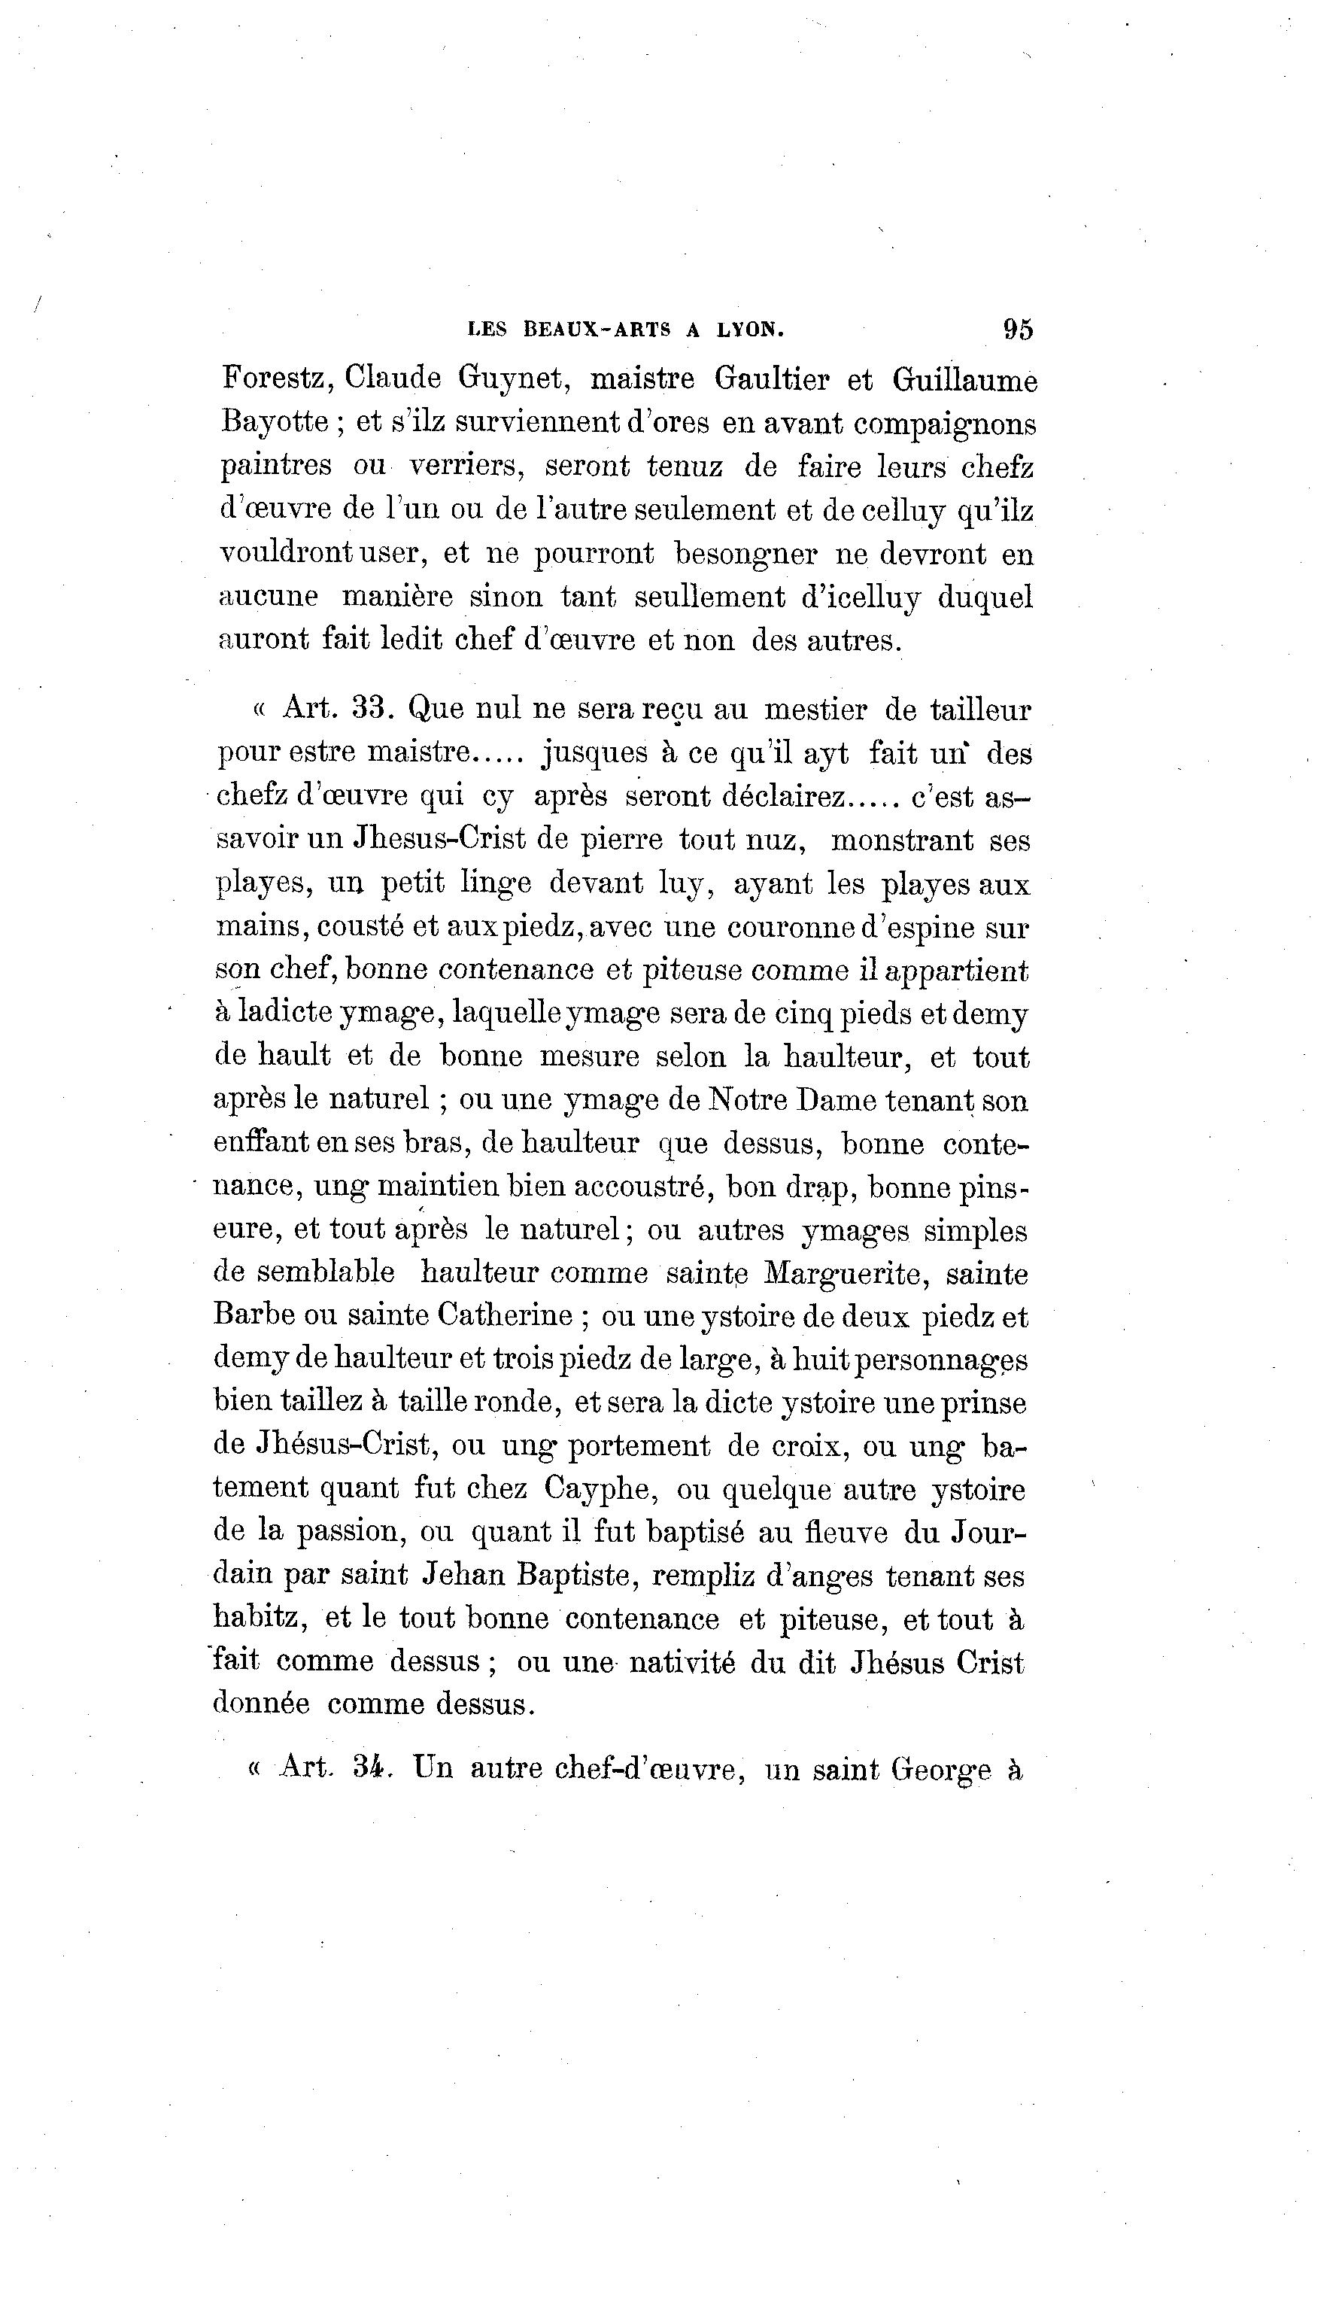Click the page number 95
(1018, 329)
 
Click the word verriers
(466, 467)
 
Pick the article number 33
(372, 709)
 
